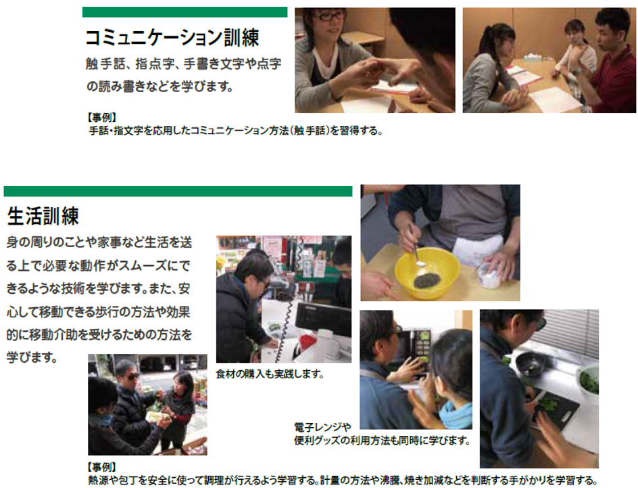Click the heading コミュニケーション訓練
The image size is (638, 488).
[172, 38]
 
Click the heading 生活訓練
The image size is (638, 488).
[43, 216]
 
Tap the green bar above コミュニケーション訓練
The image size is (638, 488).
[185, 12]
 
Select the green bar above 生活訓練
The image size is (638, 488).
[178, 192]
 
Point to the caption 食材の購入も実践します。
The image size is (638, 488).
[270, 374]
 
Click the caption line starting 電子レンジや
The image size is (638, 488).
[322, 427]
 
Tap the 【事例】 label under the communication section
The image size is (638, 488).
[101, 118]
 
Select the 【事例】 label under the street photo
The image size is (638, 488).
[101, 467]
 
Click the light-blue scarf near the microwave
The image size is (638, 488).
[456, 413]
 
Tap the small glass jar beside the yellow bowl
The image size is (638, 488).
[489, 275]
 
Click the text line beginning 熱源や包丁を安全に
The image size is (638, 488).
[343, 481]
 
